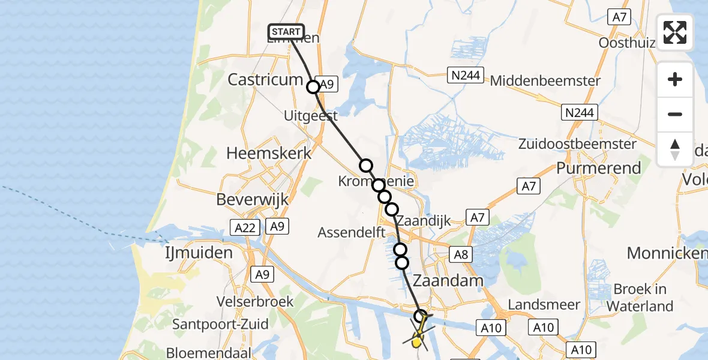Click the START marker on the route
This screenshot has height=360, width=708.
[287, 32]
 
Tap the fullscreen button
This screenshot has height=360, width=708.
[675, 32]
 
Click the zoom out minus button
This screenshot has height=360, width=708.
[675, 115]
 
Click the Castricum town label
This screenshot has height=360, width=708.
[265, 80]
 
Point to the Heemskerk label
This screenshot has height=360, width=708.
[269, 153]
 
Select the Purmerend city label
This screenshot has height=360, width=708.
[598, 168]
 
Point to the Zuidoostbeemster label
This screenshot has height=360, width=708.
[585, 144]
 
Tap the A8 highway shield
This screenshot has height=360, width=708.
[461, 254]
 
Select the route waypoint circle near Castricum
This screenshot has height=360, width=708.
[313, 87]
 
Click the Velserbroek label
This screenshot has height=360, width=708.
[256, 301]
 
